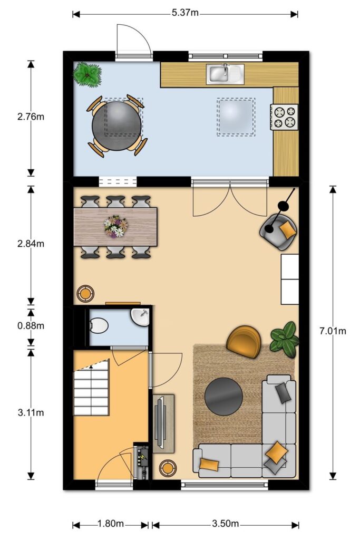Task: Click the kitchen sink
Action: pyautogui.click(x=225, y=74)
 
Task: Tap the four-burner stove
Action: pyautogui.click(x=284, y=117)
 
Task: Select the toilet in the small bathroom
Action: pyautogui.click(x=99, y=325)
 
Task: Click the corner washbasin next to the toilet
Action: pyautogui.click(x=140, y=317)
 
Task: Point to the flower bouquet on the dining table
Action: pyautogui.click(x=115, y=226)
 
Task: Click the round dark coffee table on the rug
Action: pyautogui.click(x=223, y=397)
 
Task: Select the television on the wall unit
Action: pyautogui.click(x=160, y=423)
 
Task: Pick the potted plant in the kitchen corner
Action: pyautogui.click(x=87, y=74)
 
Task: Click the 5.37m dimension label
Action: pyautogui.click(x=185, y=13)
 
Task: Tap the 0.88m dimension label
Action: pyautogui.click(x=31, y=325)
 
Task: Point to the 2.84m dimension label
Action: pyautogui.click(x=31, y=244)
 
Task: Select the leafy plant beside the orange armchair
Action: pyautogui.click(x=285, y=339)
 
